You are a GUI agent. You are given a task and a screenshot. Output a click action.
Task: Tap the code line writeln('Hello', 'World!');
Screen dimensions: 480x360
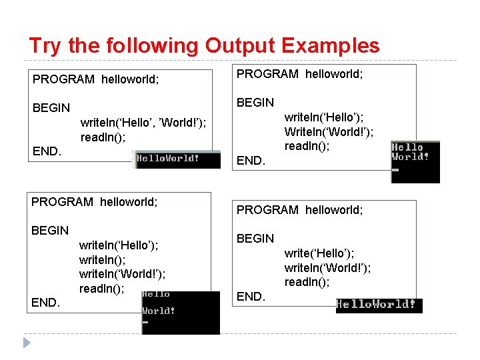pyautogui.click(x=143, y=123)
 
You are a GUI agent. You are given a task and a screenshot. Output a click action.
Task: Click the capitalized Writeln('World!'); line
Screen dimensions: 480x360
pyautogui.click(x=329, y=132)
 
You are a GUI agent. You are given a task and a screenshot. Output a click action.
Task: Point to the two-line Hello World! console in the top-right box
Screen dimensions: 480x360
pyautogui.click(x=415, y=161)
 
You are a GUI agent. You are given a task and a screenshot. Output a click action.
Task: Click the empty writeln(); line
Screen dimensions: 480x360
pyautogui.click(x=102, y=260)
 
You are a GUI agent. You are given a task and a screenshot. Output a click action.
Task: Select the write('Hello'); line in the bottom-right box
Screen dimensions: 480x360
pyautogui.click(x=319, y=253)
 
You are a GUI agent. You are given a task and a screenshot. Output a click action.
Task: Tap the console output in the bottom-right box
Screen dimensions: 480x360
pyautogui.click(x=379, y=305)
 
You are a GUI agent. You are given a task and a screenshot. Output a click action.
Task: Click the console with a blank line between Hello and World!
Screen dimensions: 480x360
pyautogui.click(x=180, y=312)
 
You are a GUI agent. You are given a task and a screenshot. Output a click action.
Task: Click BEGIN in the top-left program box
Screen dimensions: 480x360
pyautogui.click(x=51, y=108)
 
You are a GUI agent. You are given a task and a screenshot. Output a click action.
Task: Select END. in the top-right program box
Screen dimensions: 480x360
pyautogui.click(x=251, y=161)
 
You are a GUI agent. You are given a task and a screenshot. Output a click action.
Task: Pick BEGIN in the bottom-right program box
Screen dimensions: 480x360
pyautogui.click(x=255, y=239)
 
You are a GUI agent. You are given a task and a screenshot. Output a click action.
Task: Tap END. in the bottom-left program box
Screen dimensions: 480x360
pyautogui.click(x=45, y=303)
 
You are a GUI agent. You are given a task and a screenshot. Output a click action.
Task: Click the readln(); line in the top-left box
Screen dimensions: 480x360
pyautogui.click(x=103, y=137)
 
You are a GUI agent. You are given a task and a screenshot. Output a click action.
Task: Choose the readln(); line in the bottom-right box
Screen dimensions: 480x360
pyautogui.click(x=307, y=282)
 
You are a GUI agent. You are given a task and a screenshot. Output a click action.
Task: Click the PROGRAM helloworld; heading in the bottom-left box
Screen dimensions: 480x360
pyautogui.click(x=95, y=201)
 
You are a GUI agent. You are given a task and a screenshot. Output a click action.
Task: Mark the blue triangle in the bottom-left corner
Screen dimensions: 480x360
pyautogui.click(x=27, y=343)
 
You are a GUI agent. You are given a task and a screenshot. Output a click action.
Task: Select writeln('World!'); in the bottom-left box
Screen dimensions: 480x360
pyautogui.click(x=122, y=274)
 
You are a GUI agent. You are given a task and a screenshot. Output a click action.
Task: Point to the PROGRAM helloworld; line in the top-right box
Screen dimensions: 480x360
pyautogui.click(x=300, y=74)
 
